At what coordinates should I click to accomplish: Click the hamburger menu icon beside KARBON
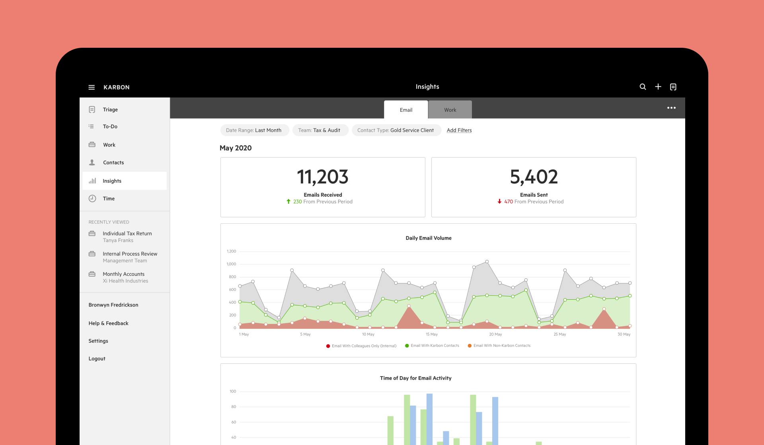(92, 87)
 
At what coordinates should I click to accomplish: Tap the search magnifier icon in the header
(643, 87)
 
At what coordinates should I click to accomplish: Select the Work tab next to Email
(450, 110)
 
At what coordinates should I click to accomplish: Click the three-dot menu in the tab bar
(671, 108)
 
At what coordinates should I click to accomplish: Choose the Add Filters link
(459, 130)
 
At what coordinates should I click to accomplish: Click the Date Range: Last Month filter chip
(254, 130)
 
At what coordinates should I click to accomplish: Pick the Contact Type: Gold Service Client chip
(396, 130)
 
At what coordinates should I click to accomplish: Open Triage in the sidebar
(110, 109)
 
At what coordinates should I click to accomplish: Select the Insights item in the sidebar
(112, 181)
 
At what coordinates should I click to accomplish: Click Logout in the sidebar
(97, 359)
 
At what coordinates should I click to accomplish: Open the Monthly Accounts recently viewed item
(124, 274)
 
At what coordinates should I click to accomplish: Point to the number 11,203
(323, 177)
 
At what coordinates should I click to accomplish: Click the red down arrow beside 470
(499, 201)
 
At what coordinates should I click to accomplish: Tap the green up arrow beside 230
(288, 201)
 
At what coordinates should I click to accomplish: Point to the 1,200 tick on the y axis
(231, 251)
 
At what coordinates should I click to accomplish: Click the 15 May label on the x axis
(431, 334)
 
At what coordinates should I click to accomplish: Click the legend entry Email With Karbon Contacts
(435, 345)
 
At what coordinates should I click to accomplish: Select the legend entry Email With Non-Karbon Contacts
(501, 345)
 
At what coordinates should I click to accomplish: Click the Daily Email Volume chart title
(429, 238)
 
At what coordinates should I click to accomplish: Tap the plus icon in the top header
(658, 87)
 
